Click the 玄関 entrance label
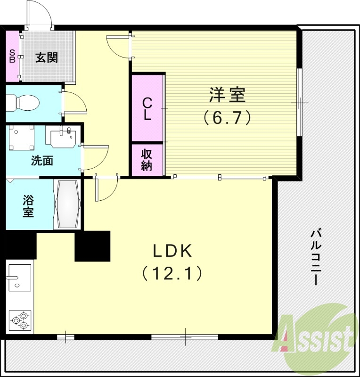coord(47,58)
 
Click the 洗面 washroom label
coord(42,161)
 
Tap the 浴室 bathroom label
coord(28,205)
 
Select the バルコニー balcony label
coord(317,257)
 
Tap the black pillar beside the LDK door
coord(92,246)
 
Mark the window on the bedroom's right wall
coord(299,102)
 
